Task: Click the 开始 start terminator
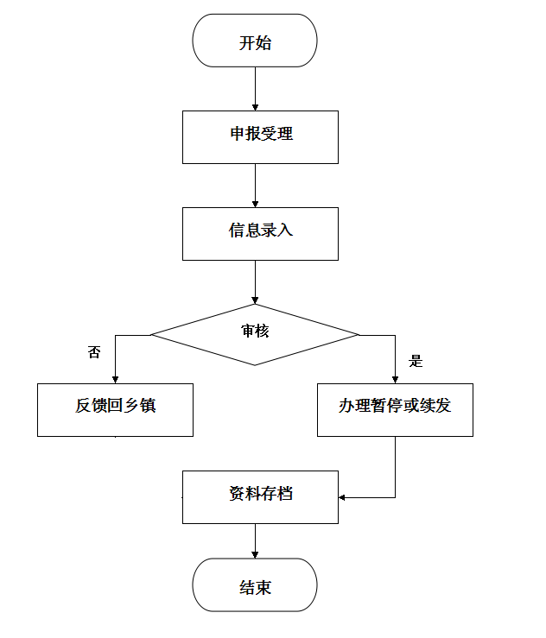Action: coord(255,41)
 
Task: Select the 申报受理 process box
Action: coord(260,136)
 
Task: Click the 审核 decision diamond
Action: coord(255,333)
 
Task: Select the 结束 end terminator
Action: coord(255,585)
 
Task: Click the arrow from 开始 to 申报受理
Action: coord(255,88)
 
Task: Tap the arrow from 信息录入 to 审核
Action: coord(255,281)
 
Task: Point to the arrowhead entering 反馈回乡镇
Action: coord(115,378)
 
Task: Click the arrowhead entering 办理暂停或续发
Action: coord(395,378)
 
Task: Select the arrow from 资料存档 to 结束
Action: coord(255,540)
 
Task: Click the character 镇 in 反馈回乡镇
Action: coord(148,406)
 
